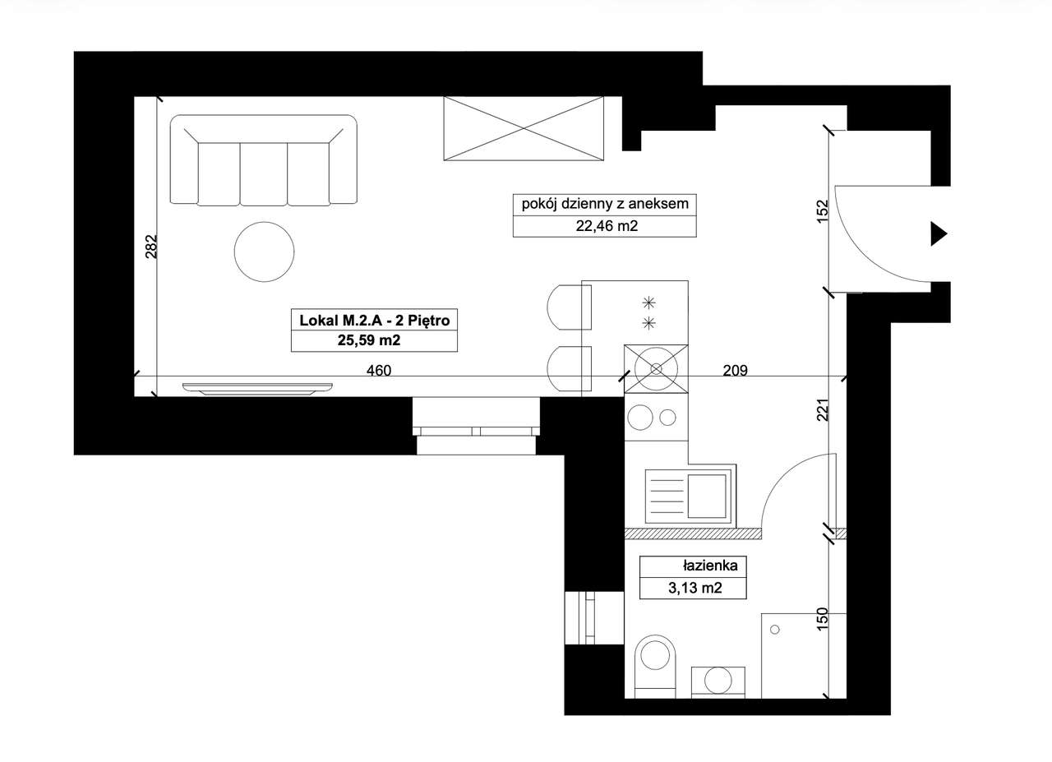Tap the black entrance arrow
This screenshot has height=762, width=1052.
[x=939, y=234]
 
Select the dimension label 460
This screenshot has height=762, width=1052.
[x=379, y=371]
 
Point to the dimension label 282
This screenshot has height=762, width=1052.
[x=150, y=246]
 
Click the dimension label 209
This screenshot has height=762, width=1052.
[x=735, y=371]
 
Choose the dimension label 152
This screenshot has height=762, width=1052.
[x=823, y=211]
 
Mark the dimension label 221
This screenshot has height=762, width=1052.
[x=823, y=409]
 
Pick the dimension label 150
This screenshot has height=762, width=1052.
[x=822, y=619]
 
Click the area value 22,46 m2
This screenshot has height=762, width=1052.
[x=607, y=226]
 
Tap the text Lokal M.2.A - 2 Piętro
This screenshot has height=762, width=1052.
[x=374, y=321]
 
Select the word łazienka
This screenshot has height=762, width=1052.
[x=710, y=566]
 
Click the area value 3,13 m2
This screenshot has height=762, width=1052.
[x=695, y=588]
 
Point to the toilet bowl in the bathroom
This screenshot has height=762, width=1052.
[x=655, y=667]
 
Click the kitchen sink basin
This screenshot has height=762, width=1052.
[x=708, y=496]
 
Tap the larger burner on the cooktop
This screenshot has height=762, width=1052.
[x=640, y=418]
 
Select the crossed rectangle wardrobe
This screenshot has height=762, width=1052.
[x=524, y=128]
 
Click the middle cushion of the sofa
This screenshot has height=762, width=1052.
[x=264, y=174]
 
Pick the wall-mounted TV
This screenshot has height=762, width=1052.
[x=257, y=389]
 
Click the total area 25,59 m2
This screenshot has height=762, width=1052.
[x=369, y=340]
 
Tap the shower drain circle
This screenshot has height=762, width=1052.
[x=775, y=630]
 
